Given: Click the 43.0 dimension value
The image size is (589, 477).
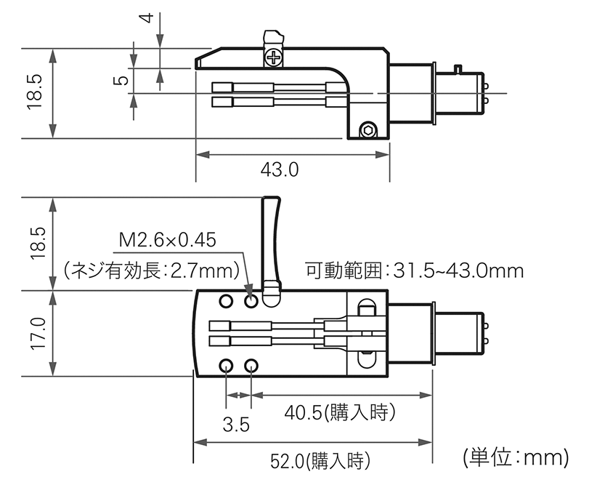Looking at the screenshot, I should (x=280, y=169).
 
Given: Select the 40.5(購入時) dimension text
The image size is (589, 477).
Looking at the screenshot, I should (x=339, y=414).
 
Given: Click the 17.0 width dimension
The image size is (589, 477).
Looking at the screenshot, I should (x=37, y=334).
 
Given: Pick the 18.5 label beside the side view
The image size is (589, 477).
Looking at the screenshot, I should (x=36, y=92).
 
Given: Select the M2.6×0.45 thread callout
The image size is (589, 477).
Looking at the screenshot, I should (x=167, y=239).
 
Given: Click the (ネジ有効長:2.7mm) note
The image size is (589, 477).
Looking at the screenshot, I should (x=153, y=271).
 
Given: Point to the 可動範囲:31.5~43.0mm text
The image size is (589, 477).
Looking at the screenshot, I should (x=414, y=271).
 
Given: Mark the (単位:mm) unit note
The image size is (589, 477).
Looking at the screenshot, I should (x=513, y=457).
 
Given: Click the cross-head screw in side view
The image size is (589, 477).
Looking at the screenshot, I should (x=273, y=57).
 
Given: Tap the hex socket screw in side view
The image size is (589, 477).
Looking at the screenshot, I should (x=367, y=130).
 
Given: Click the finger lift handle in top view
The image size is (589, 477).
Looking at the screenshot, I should (x=271, y=240).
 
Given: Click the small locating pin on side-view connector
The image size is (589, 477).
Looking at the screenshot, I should (x=458, y=68).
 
